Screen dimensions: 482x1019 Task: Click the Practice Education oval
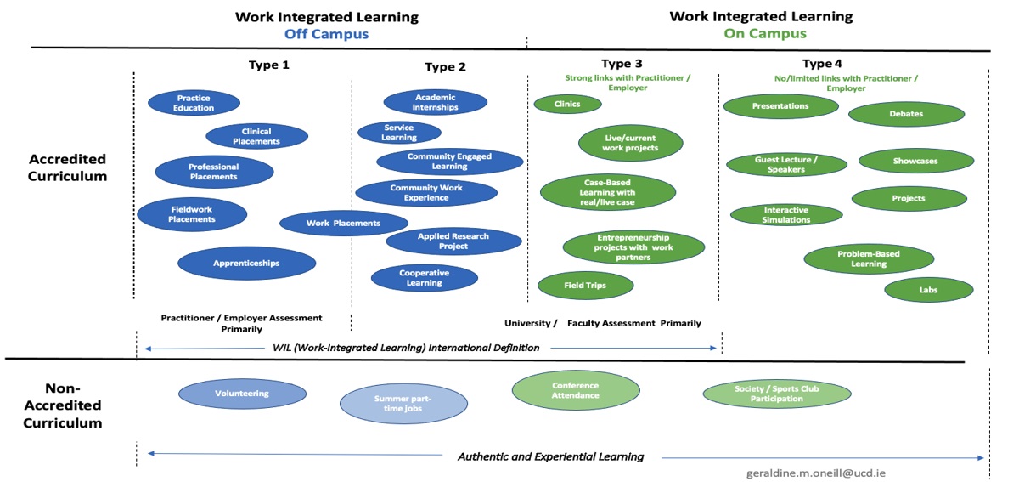tap(194, 102)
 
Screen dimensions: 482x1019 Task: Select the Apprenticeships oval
tap(246, 264)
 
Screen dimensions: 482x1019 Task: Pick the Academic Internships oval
tap(435, 102)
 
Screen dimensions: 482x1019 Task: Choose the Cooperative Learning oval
tap(424, 277)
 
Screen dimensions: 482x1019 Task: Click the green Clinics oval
tap(567, 104)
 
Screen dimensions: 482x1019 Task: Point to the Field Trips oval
tap(585, 286)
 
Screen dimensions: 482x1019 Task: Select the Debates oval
tap(905, 114)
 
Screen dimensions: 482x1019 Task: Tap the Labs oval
tap(928, 290)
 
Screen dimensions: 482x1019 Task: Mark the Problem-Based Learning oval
tap(868, 258)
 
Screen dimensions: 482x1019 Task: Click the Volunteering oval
tap(241, 394)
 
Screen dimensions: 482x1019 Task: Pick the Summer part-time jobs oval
tap(403, 403)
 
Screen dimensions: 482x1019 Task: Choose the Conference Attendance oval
tap(575, 390)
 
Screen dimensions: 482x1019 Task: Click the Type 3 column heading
tap(628, 64)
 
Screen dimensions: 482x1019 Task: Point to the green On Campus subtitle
tap(764, 34)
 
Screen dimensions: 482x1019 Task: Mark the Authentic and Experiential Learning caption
tap(550, 457)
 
